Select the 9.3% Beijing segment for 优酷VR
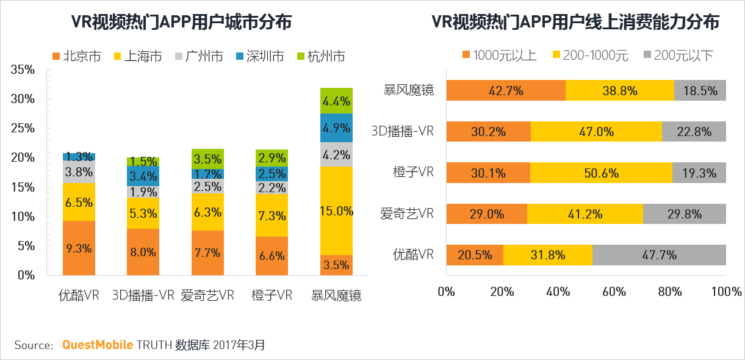(79, 248)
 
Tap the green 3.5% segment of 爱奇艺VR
(207, 159)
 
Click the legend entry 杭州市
(320, 57)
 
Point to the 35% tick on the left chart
(23, 70)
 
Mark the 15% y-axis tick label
(23, 187)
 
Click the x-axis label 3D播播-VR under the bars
(143, 296)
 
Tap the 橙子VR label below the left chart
(272, 296)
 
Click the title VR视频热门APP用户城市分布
(181, 23)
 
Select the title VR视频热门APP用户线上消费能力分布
(575, 23)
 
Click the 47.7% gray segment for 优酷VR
(659, 255)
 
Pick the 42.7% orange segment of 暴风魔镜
(506, 91)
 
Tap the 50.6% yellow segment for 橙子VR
(601, 173)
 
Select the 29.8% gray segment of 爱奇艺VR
(684, 214)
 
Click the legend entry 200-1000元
(590, 56)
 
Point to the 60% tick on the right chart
(614, 292)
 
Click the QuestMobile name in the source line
(98, 345)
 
